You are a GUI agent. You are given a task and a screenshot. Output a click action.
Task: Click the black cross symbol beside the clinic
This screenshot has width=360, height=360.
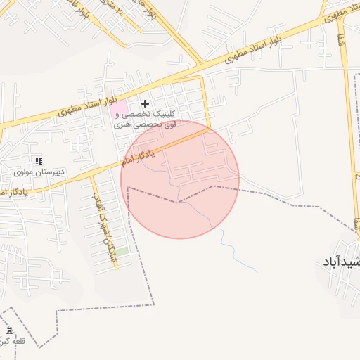(146, 104)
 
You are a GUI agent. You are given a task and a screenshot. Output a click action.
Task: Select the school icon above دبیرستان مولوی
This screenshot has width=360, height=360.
(38, 162)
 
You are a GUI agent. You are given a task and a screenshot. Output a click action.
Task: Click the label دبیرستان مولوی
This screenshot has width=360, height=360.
(40, 172)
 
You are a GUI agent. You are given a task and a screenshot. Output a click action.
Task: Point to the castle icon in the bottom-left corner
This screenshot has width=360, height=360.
(9, 330)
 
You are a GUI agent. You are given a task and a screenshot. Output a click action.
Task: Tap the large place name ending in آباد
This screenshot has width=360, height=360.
(342, 262)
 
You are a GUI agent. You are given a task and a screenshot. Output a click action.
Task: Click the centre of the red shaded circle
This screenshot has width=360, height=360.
(180, 179)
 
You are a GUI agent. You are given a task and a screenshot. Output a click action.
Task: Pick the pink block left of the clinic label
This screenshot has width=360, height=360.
(112, 108)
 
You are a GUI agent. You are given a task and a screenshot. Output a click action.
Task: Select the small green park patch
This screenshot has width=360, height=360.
(122, 251)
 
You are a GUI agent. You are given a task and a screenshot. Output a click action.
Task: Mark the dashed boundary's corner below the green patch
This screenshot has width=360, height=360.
(153, 304)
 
